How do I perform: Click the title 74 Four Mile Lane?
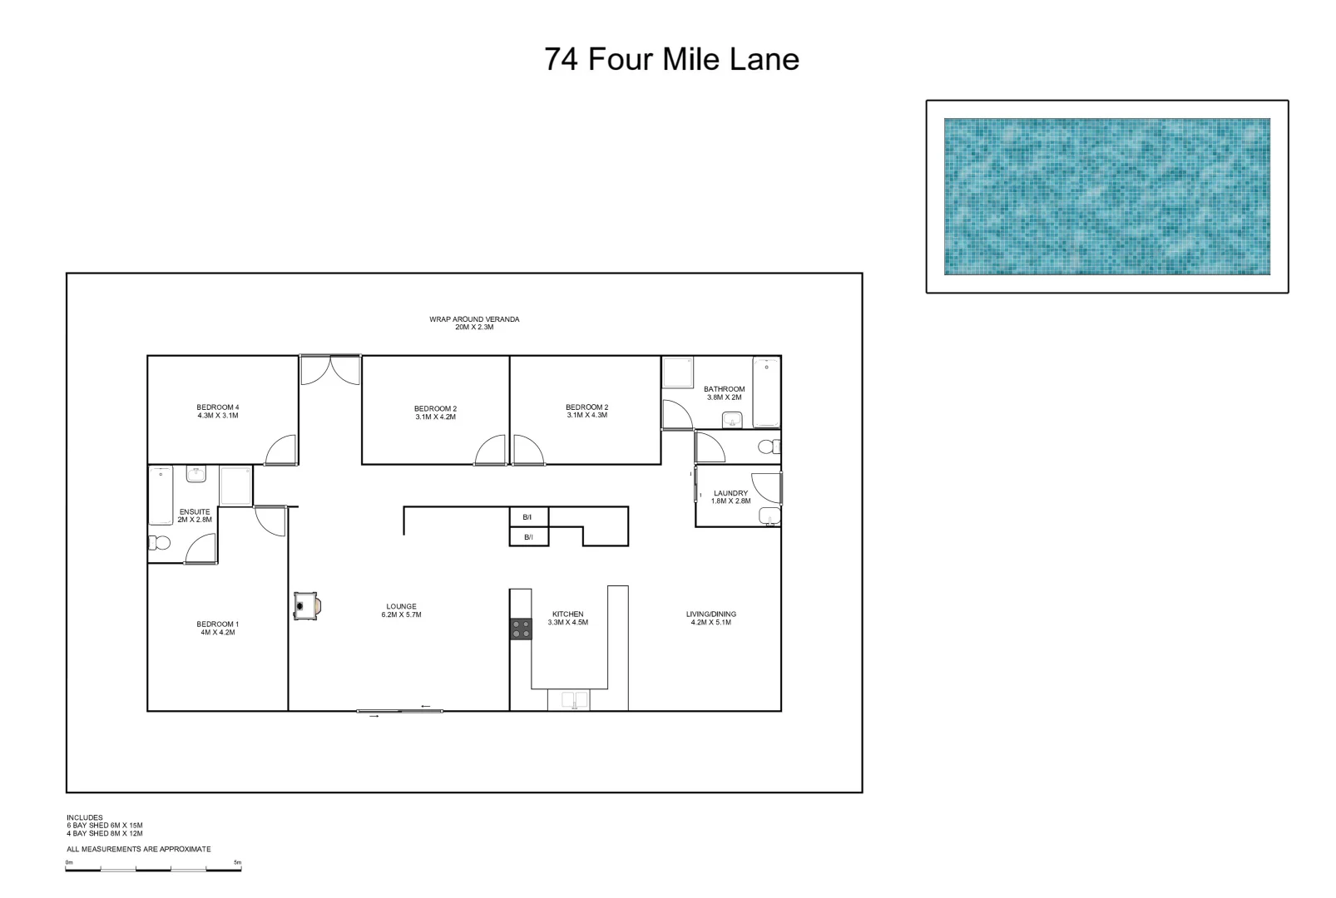pyautogui.click(x=671, y=60)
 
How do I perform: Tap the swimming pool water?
pyautogui.click(x=1106, y=196)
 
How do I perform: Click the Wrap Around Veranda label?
pyautogui.click(x=474, y=323)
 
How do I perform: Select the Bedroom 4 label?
pyautogui.click(x=218, y=412)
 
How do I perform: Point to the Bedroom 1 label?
pyautogui.click(x=218, y=628)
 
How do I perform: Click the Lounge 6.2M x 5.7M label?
pyautogui.click(x=402, y=610)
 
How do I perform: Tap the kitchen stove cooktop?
pyautogui.click(x=521, y=629)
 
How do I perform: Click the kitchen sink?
pyautogui.click(x=568, y=700)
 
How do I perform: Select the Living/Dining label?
pyautogui.click(x=710, y=618)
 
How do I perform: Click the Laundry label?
pyautogui.click(x=730, y=497)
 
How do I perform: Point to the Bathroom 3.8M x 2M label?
pyautogui.click(x=724, y=393)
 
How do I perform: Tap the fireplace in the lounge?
pyautogui.click(x=305, y=606)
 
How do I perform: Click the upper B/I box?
pyautogui.click(x=528, y=517)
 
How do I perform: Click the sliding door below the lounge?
pyautogui.click(x=399, y=711)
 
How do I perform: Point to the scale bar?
pyautogui.click(x=154, y=869)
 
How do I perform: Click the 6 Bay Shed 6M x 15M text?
pyautogui.click(x=105, y=826)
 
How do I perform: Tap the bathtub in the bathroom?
pyautogui.click(x=765, y=392)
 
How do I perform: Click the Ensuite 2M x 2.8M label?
pyautogui.click(x=195, y=516)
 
